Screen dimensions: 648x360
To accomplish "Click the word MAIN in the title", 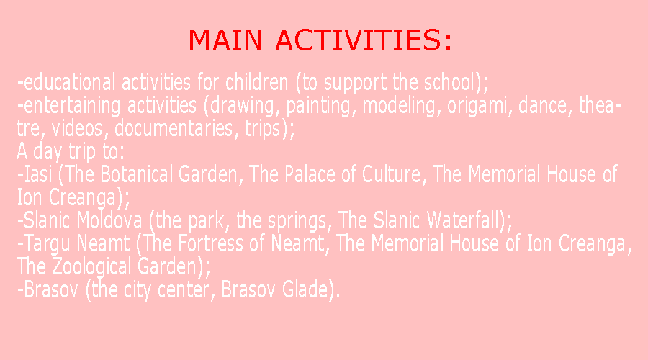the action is click(225, 40).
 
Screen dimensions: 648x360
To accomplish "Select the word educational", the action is click(69, 82).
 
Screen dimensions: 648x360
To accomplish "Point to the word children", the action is click(256, 82).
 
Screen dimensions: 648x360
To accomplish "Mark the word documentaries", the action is click(174, 128).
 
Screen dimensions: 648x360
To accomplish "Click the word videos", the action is click(77, 128).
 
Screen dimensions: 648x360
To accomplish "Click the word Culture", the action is click(391, 174).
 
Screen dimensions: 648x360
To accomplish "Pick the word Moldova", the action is click(109, 220).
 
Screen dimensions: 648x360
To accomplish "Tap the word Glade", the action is click(305, 289).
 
